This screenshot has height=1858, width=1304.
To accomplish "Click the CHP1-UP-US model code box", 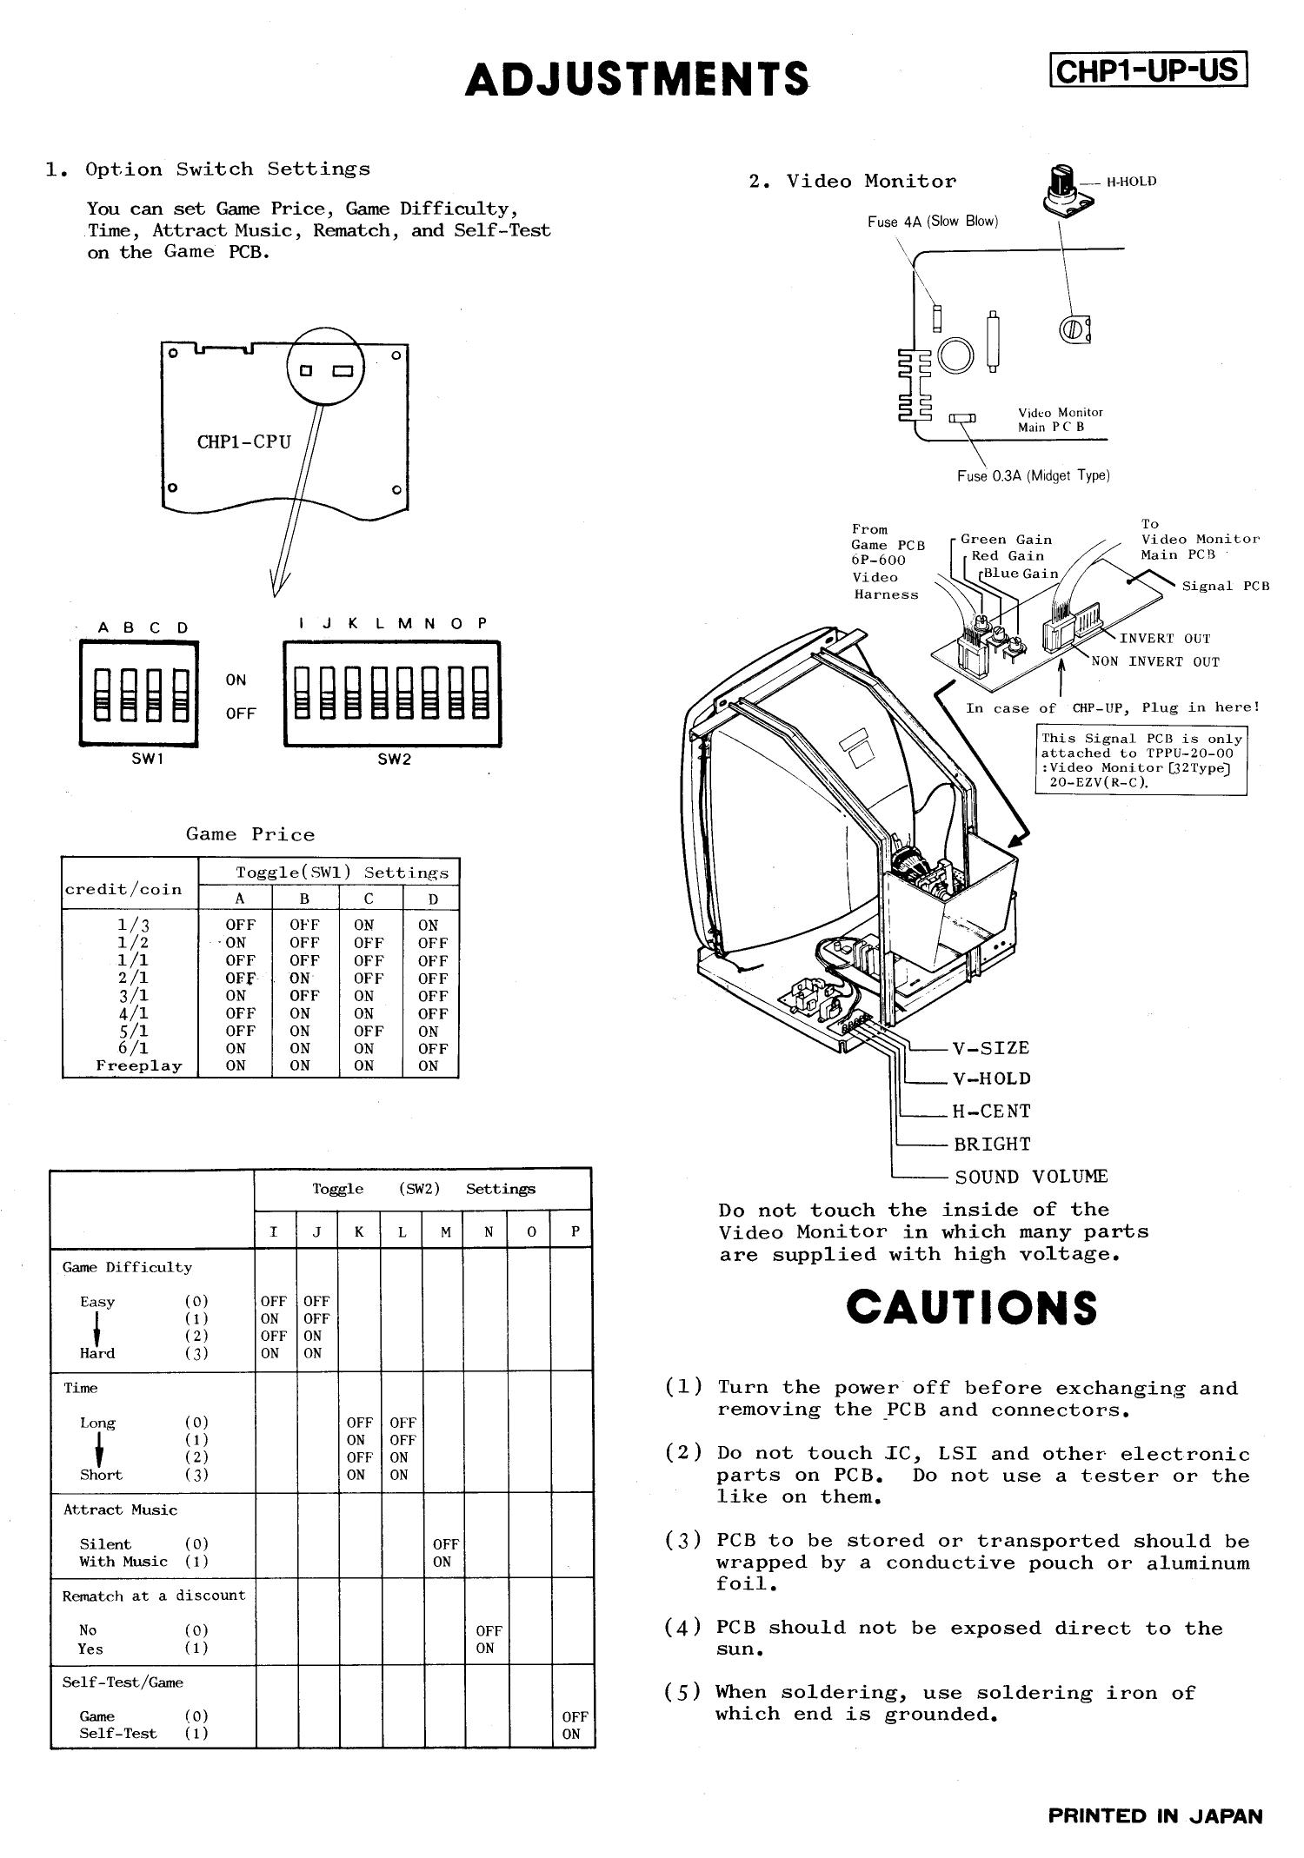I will pyautogui.click(x=1148, y=70).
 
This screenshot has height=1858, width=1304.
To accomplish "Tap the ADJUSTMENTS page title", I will pyautogui.click(x=637, y=79).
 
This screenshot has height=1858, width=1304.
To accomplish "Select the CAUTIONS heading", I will pyautogui.click(x=971, y=1308).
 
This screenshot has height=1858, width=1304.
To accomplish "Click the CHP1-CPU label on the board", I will pyautogui.click(x=243, y=441).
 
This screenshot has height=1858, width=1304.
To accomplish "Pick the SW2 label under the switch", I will pyautogui.click(x=394, y=759).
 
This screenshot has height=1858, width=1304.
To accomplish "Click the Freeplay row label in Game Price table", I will pyautogui.click(x=139, y=1065).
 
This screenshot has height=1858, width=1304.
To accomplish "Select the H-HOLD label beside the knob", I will pyautogui.click(x=1131, y=182).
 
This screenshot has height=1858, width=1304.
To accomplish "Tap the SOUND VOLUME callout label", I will pyautogui.click(x=1031, y=1177).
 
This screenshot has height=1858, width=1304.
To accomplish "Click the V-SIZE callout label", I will pyautogui.click(x=991, y=1048).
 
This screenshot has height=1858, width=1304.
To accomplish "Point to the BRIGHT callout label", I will pyautogui.click(x=992, y=1145).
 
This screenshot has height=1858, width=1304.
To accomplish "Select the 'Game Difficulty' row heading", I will pyautogui.click(x=127, y=1267).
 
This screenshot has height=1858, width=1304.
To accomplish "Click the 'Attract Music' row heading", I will pyautogui.click(x=120, y=1510).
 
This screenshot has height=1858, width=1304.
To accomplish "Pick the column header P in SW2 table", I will pyautogui.click(x=574, y=1231).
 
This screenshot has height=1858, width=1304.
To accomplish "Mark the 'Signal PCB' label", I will pyautogui.click(x=1225, y=586).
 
